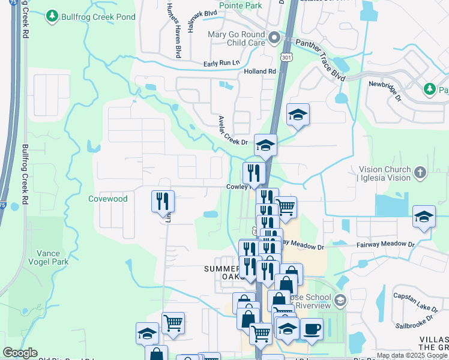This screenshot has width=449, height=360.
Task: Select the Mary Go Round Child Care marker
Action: [274, 39]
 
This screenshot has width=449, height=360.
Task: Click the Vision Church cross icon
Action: [419, 173]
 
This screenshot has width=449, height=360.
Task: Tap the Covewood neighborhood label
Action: [108, 199]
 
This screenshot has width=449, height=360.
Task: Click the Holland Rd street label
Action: [259, 71]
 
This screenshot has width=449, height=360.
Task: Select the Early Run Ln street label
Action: [221, 63]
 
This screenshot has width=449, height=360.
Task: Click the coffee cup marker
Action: [312, 329]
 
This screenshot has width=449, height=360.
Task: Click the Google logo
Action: [20, 353]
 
